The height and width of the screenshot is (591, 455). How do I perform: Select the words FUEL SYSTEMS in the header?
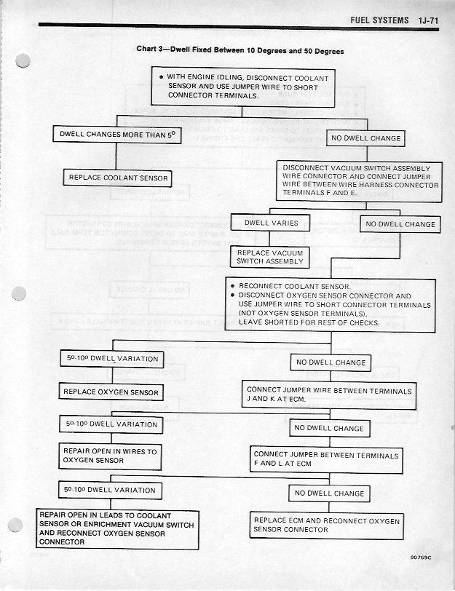tap(379, 20)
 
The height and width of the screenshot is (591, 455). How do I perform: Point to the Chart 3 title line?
tap(240, 51)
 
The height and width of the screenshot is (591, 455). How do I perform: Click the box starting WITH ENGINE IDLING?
tap(243, 87)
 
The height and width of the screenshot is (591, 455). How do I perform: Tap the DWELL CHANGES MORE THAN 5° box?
tap(116, 135)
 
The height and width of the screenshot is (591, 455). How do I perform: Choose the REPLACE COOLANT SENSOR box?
tap(118, 178)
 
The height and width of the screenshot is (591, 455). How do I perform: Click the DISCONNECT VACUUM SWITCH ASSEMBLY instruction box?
tap(360, 181)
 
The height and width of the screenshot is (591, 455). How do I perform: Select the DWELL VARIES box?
tap(270, 223)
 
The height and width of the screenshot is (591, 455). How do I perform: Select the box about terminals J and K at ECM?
tap(329, 395)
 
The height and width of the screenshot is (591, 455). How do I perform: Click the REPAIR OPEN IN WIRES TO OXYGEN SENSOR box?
tap(110, 456)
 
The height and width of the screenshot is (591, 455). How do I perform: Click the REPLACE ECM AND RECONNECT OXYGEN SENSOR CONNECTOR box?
tap(326, 525)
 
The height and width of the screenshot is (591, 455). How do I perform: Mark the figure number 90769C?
tap(420, 559)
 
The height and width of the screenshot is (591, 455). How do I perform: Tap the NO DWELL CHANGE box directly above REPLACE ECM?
tap(329, 493)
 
